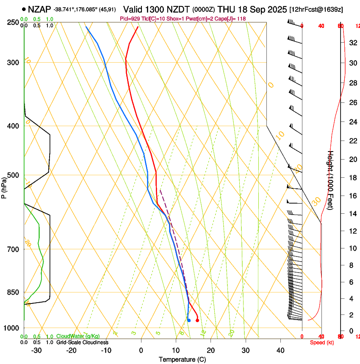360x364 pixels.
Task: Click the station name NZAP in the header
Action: tap(39, 9)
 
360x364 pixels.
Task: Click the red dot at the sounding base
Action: tap(197, 320)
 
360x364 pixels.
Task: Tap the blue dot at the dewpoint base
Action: tap(189, 320)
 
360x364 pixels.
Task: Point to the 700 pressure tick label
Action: tap(14, 249)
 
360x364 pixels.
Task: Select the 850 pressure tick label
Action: tap(14, 292)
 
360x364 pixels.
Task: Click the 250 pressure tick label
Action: tap(14, 22)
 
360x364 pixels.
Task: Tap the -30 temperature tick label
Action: tap(36, 350)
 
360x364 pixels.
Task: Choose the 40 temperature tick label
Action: tap(280, 350)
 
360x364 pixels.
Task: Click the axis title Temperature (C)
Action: tap(182, 359)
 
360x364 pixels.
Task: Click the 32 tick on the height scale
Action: tap(353, 42)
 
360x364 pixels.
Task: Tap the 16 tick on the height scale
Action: tap(353, 196)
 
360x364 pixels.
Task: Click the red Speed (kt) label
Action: tap(322, 342)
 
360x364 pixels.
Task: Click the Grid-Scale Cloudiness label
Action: tap(82, 342)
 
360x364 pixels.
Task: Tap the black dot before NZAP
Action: tap(24, 9)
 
